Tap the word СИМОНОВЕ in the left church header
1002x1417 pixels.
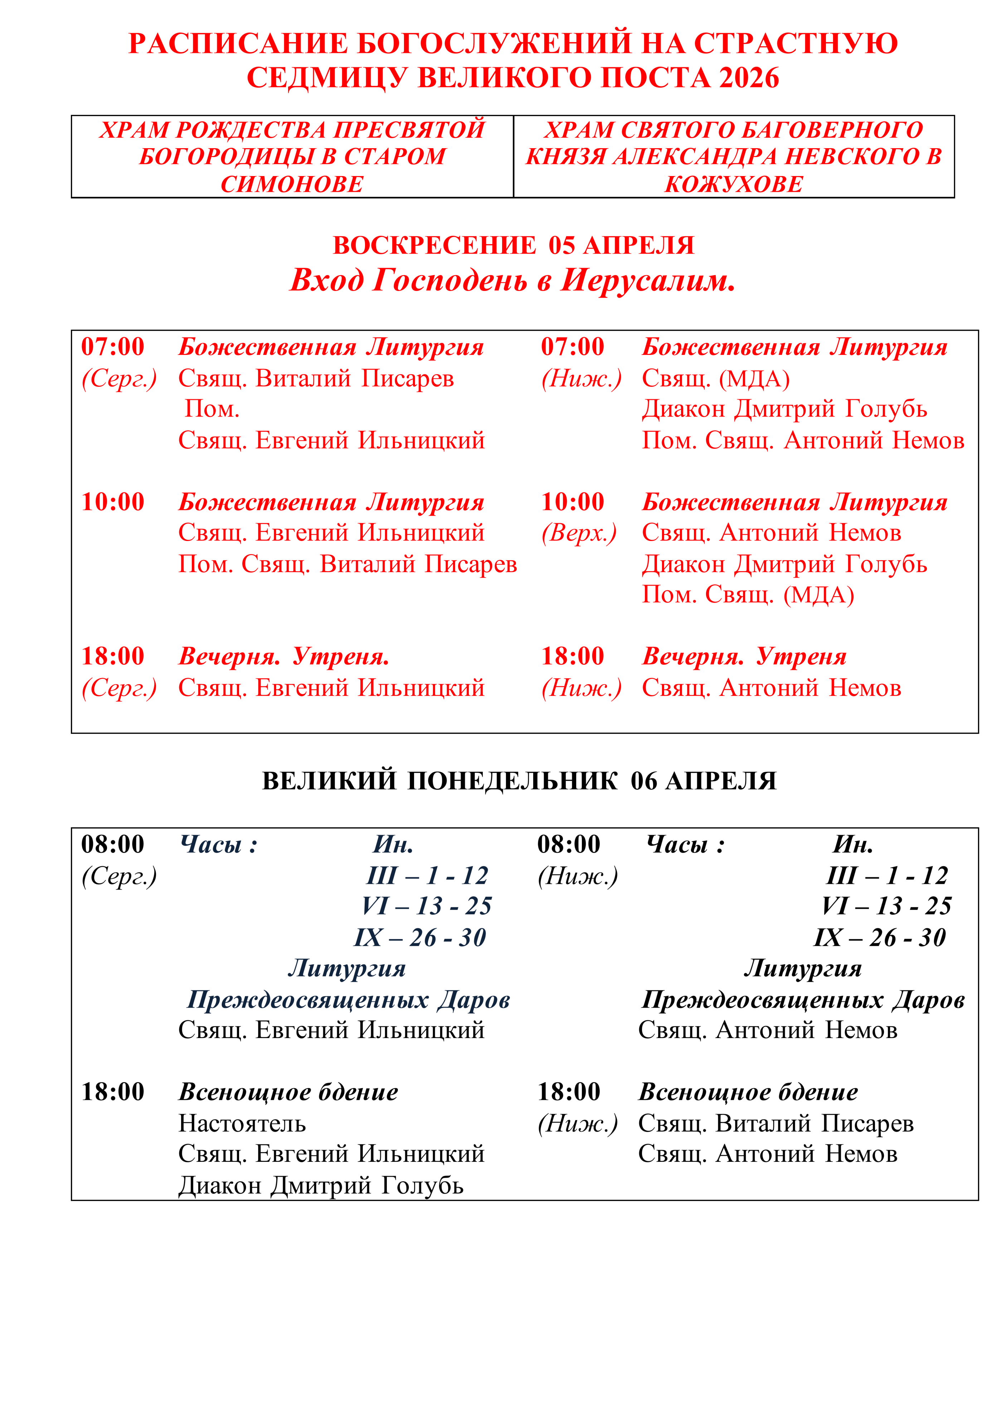point(292,184)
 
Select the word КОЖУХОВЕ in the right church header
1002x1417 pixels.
point(734,184)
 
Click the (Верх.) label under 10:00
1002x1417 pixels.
point(579,533)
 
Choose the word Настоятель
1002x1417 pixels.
point(242,1124)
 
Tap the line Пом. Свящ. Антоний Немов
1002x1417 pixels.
point(803,440)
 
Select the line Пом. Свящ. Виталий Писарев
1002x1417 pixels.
point(347,564)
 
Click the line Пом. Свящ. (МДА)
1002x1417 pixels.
point(748,595)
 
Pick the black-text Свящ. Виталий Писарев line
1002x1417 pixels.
point(775,1124)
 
